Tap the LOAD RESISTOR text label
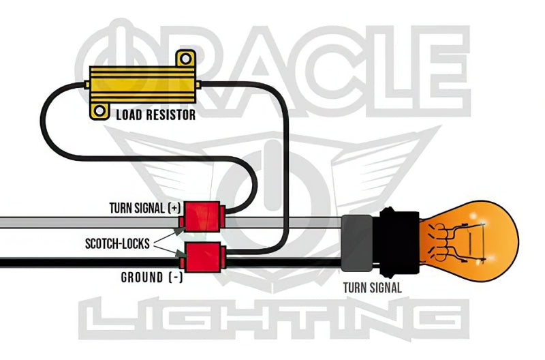155,115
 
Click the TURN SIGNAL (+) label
144,207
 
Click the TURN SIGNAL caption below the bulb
372,288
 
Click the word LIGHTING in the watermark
272,320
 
